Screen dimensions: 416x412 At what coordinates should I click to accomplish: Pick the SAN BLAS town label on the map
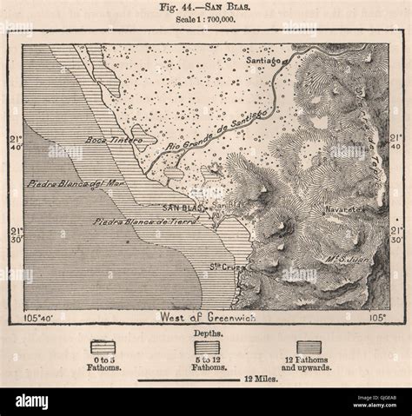pos(183,209)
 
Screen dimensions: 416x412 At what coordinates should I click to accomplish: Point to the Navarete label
pos(342,209)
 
